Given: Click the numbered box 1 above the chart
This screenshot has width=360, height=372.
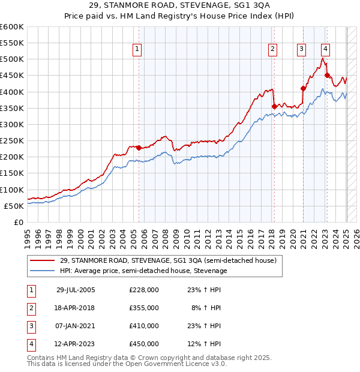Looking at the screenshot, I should click(137, 50).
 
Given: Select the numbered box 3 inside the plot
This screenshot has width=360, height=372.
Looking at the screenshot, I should click(301, 50).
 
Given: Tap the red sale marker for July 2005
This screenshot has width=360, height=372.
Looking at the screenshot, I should click(139, 148).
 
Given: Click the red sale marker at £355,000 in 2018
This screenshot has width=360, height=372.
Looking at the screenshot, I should click(274, 107).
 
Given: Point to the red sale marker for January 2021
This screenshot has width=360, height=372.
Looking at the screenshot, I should click(303, 89).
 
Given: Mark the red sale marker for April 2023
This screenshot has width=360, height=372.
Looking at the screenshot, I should click(327, 76).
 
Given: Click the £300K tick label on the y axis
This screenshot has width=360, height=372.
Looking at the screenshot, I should click(12, 124).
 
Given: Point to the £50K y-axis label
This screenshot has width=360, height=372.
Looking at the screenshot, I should click(14, 206).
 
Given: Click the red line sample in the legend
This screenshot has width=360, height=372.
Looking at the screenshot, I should click(43, 261).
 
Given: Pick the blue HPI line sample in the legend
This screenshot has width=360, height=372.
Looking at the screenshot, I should click(43, 271).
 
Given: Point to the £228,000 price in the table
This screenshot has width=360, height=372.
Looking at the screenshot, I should click(144, 290).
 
